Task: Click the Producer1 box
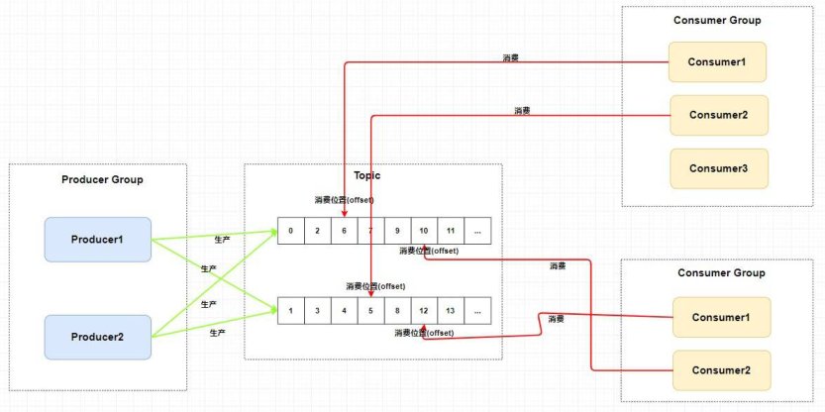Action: [97, 240]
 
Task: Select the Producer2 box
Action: [97, 337]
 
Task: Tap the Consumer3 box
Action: [717, 168]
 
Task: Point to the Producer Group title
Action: [102, 179]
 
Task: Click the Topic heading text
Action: [366, 175]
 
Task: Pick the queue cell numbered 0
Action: [290, 231]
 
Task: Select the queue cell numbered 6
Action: [344, 231]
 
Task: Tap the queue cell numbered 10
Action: [424, 231]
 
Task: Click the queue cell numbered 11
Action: [451, 231]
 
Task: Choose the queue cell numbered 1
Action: [290, 310]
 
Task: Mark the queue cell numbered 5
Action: [370, 310]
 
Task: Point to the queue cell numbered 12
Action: [424, 310]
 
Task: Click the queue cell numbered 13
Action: [451, 310]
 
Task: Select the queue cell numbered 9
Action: [397, 231]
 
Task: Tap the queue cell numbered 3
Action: [317, 310]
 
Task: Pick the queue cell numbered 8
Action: [397, 310]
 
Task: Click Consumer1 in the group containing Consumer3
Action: [717, 62]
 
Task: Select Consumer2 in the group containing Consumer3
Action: [717, 115]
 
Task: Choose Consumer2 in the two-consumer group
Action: [720, 369]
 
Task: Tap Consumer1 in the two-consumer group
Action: [720, 317]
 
